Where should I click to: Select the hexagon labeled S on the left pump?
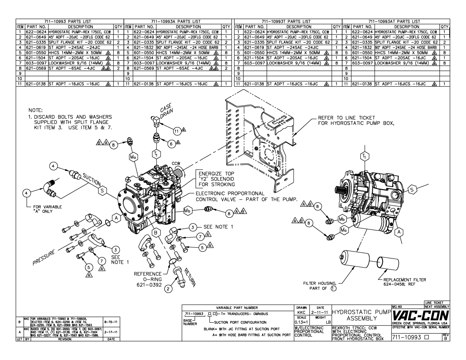pos(102,191)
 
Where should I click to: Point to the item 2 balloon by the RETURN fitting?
pos(168,289)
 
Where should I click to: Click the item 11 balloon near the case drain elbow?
pos(177,131)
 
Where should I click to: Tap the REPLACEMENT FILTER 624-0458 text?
pos(404,282)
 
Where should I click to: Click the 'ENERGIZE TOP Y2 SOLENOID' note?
pos(217,179)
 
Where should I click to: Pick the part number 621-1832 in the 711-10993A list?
pos(144,47)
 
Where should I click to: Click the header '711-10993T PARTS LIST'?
pos(286,21)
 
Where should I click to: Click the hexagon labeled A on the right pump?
pos(399,232)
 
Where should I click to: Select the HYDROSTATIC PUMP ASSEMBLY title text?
pos(362,315)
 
